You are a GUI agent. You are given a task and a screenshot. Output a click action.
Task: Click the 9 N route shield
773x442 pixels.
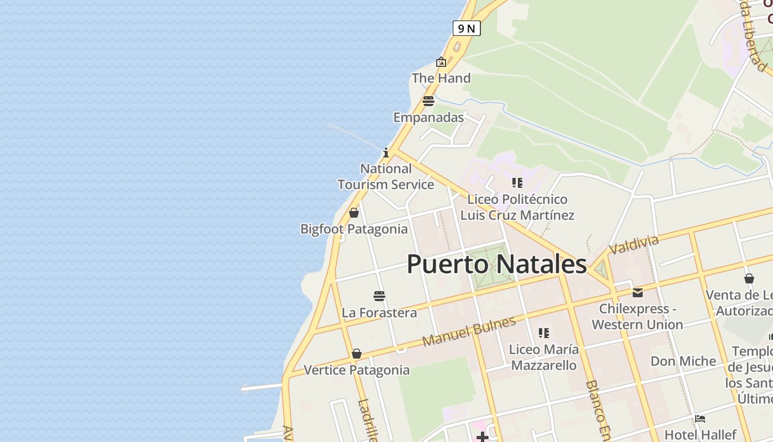(x=466, y=28)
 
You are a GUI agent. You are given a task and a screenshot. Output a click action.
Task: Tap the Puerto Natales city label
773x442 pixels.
(x=496, y=264)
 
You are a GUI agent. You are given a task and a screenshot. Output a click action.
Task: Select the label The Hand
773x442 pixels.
(x=441, y=78)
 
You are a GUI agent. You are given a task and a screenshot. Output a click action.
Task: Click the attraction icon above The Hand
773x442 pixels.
(x=441, y=62)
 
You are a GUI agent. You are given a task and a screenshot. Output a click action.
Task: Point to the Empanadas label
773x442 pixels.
(x=428, y=117)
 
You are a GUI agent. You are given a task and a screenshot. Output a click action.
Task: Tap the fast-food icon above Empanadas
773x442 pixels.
(x=428, y=101)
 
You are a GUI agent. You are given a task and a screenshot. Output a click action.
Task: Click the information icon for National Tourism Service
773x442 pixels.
(x=386, y=152)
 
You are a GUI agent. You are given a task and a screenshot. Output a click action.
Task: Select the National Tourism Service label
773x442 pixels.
(x=386, y=177)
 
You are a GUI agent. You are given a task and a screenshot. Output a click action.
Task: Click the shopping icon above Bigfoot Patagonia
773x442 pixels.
(x=354, y=213)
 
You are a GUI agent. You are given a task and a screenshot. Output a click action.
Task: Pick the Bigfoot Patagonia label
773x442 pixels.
(x=354, y=229)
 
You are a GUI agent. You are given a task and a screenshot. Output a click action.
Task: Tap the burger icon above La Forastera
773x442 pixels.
(x=379, y=296)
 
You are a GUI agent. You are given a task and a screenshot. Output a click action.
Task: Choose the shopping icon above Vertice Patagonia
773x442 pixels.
(x=357, y=354)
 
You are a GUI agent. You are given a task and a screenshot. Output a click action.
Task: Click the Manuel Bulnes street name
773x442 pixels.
(x=469, y=331)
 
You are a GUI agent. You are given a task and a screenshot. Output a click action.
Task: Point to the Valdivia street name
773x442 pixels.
(x=634, y=244)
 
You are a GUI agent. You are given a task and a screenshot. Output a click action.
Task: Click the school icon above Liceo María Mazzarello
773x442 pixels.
(x=544, y=333)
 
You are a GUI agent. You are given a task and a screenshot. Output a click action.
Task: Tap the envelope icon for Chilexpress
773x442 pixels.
(x=638, y=293)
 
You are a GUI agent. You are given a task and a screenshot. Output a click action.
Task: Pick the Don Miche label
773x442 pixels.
(x=683, y=361)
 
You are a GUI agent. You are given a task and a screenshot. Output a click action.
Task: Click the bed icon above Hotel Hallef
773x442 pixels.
(x=700, y=418)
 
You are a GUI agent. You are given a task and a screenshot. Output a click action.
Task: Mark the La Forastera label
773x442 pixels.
(x=379, y=313)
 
